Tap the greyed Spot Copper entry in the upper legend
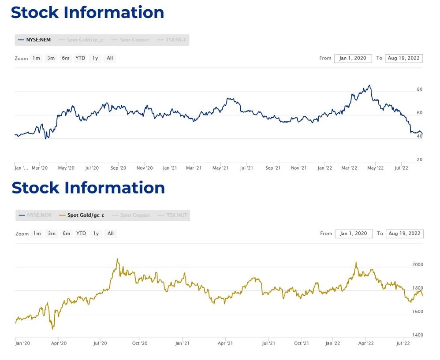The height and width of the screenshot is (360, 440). pyautogui.click(x=134, y=40)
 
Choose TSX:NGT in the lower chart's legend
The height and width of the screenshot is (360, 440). pyautogui.click(x=176, y=215)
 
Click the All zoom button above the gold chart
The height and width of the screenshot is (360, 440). pyautogui.click(x=111, y=234)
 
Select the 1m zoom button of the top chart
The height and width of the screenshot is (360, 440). pyautogui.click(x=36, y=58)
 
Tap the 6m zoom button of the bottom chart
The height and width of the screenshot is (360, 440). pyautogui.click(x=66, y=234)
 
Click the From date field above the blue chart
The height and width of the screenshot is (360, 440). pyautogui.click(x=353, y=58)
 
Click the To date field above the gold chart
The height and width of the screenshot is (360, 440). pyautogui.click(x=404, y=234)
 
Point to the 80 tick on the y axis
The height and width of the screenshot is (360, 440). pyautogui.click(x=420, y=89)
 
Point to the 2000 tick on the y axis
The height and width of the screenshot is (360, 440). pyautogui.click(x=417, y=264)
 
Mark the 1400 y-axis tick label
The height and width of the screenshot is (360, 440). pyautogui.click(x=417, y=335)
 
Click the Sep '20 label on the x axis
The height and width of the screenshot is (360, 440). pyautogui.click(x=118, y=168)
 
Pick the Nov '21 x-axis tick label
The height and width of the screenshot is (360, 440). pyautogui.click(x=299, y=168)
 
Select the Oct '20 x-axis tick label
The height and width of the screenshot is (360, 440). pyautogui.click(x=139, y=343)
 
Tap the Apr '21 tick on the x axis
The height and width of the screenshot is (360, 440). pyautogui.click(x=225, y=343)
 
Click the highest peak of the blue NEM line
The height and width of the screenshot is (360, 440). pyautogui.click(x=369, y=85)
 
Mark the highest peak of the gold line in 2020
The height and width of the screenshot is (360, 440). pyautogui.click(x=117, y=259)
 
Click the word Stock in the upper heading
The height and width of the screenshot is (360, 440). pyautogui.click(x=35, y=12)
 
